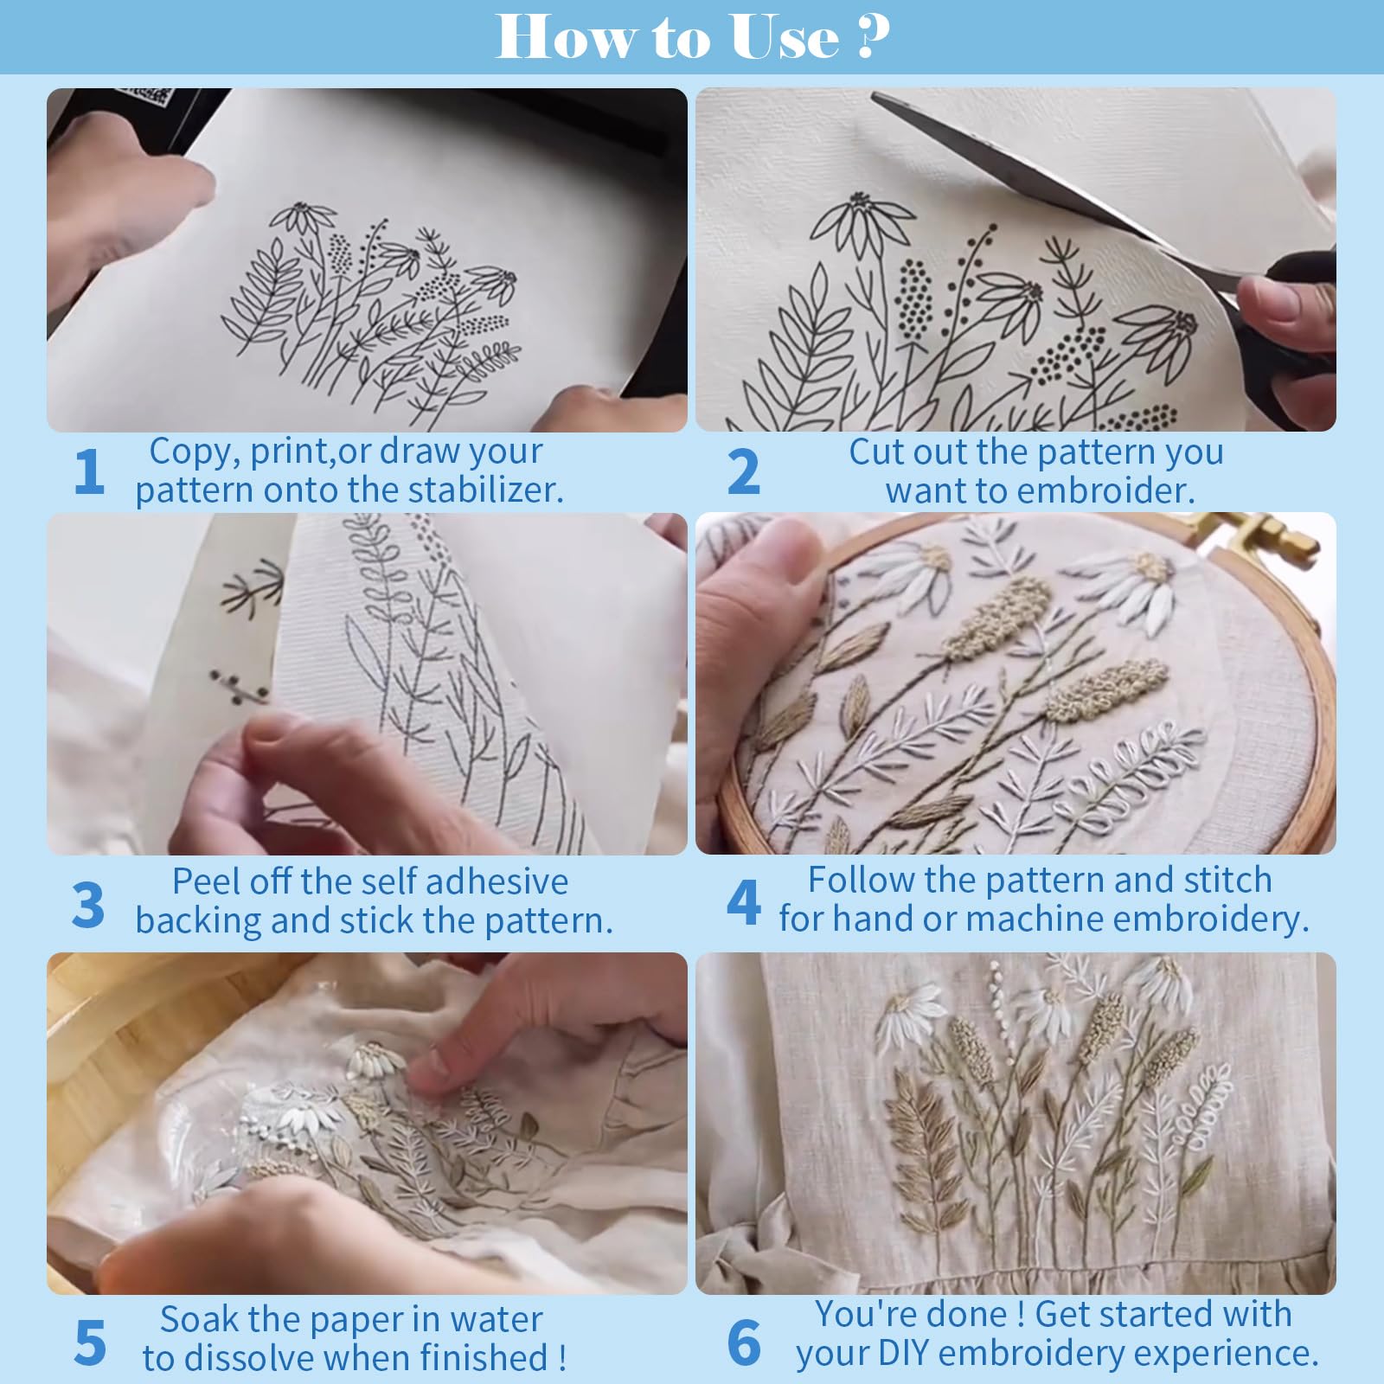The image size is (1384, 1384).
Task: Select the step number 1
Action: click(88, 471)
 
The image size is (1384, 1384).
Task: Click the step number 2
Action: click(744, 472)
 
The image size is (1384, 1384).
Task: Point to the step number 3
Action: click(88, 905)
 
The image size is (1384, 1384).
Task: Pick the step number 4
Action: click(744, 902)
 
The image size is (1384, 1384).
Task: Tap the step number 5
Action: click(90, 1342)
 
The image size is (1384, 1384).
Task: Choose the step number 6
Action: click(744, 1342)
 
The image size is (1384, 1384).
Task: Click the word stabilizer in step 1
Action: click(485, 490)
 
